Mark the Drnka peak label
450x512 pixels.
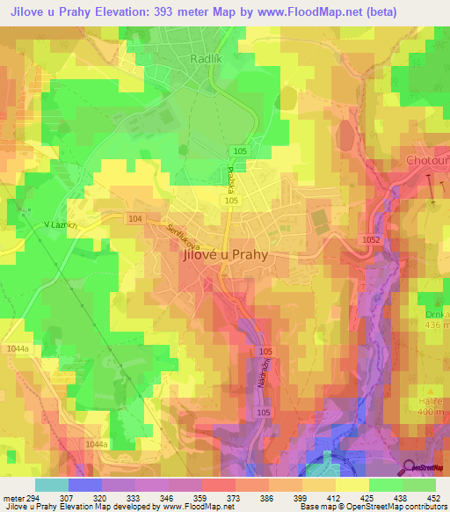point(434,314)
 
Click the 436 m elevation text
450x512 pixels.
point(434,325)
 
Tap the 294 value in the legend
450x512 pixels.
point(34,498)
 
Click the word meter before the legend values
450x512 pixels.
point(12,498)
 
